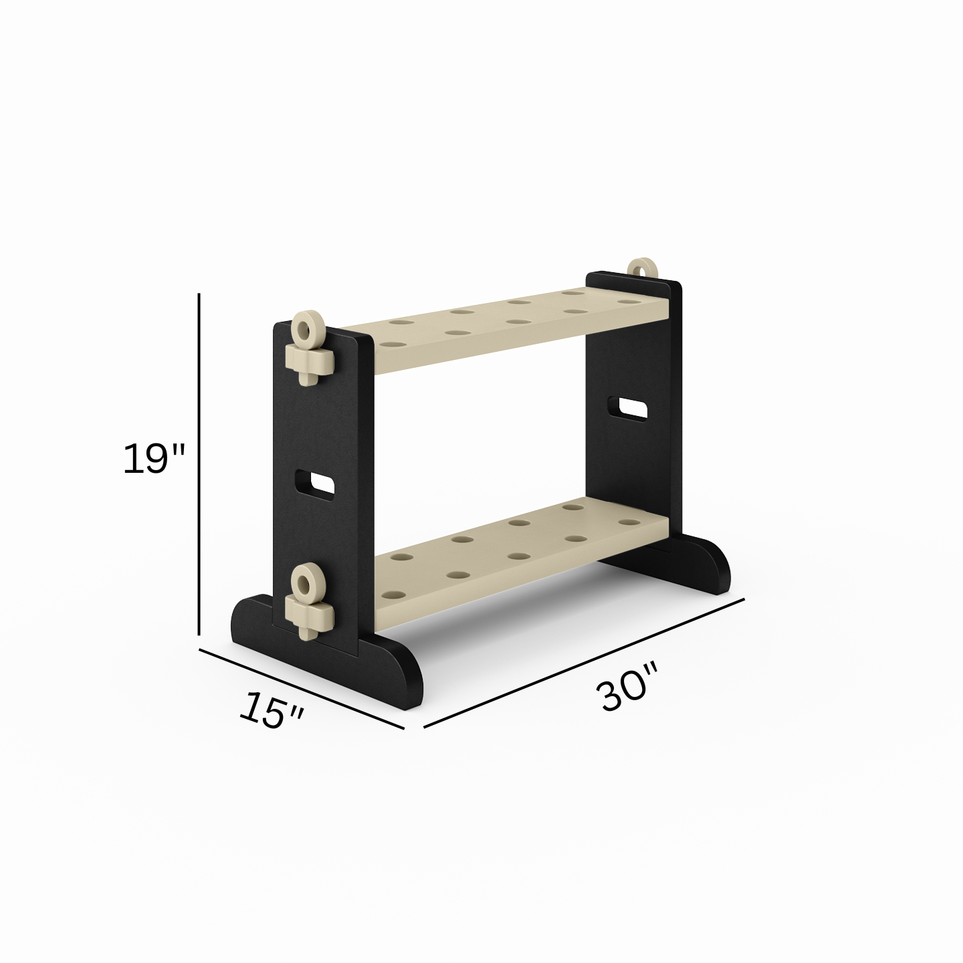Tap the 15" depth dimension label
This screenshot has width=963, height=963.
coord(272,710)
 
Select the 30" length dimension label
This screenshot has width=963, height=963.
coord(627,687)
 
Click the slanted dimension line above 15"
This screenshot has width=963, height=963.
coord(301,688)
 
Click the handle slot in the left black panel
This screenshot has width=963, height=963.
coord(314,483)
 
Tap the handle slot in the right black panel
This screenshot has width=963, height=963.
coord(627,408)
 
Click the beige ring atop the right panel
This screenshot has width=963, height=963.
coord(643,268)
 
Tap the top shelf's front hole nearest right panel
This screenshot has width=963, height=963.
coord(627,302)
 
